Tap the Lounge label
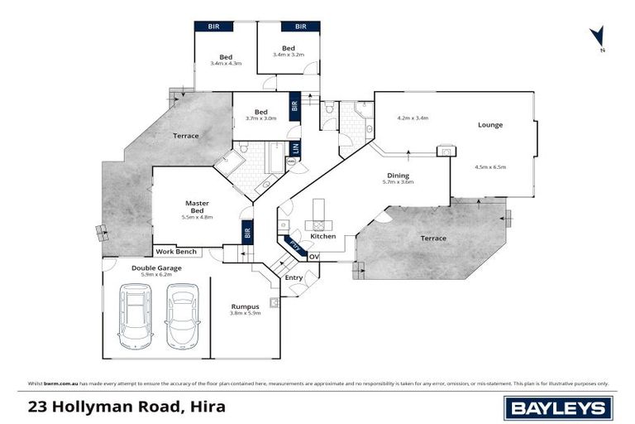pyautogui.click(x=489, y=125)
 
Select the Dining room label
pyautogui.click(x=399, y=175)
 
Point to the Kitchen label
pyautogui.click(x=322, y=237)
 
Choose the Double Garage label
pyautogui.click(x=156, y=268)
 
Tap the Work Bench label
pyautogui.click(x=175, y=251)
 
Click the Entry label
pyautogui.click(x=294, y=277)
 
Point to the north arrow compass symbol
pyautogui.click(x=594, y=37)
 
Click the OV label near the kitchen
pyautogui.click(x=313, y=257)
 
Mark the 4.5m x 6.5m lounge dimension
pyautogui.click(x=489, y=167)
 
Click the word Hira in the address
pyautogui.click(x=206, y=407)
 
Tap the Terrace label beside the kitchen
pyautogui.click(x=432, y=238)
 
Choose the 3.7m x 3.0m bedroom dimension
pyautogui.click(x=260, y=119)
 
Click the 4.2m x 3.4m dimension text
pyautogui.click(x=413, y=118)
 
